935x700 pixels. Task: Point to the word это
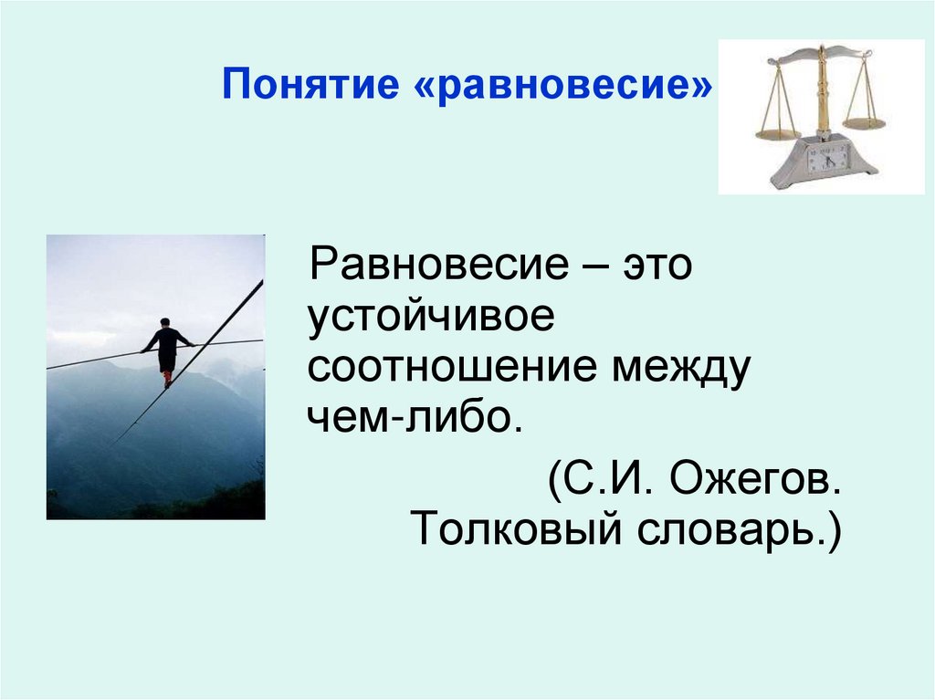[x=657, y=268]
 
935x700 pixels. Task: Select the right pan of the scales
[x=864, y=121]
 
